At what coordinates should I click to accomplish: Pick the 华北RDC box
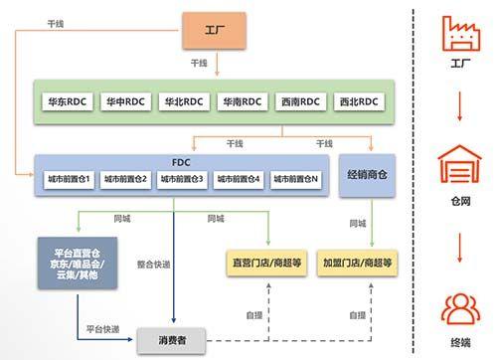(x=184, y=101)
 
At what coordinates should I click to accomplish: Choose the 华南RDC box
(x=241, y=101)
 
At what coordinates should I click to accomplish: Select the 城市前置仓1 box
(x=69, y=180)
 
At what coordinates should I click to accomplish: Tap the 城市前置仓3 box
(x=182, y=180)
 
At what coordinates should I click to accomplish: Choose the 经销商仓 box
(x=369, y=174)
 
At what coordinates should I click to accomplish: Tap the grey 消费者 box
(x=175, y=341)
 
